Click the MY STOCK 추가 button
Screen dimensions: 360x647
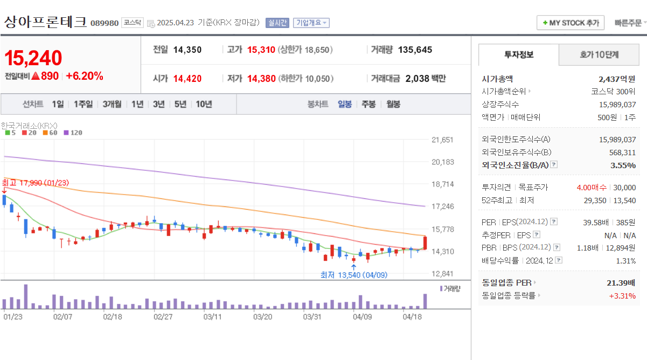(x=571, y=23)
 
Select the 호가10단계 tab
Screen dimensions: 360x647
(x=599, y=54)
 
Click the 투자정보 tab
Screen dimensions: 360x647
(x=519, y=54)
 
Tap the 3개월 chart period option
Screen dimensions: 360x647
(x=112, y=104)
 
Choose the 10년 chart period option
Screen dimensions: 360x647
(x=204, y=104)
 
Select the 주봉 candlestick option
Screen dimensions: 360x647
(x=368, y=104)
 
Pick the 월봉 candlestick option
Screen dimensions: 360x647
(x=393, y=104)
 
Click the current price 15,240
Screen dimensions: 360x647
(x=33, y=58)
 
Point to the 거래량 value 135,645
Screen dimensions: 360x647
(x=415, y=50)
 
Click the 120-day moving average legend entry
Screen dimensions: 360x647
(x=73, y=132)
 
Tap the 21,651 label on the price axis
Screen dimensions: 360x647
(x=443, y=140)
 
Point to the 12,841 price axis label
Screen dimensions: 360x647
(x=443, y=273)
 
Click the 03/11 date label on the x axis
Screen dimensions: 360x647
(x=213, y=316)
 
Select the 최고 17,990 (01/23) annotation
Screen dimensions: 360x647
(x=36, y=183)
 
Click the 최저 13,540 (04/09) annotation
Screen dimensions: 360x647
(x=353, y=275)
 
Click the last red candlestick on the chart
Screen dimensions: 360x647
(x=426, y=243)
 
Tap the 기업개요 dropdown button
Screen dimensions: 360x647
(x=311, y=23)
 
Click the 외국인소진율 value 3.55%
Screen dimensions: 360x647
(x=623, y=165)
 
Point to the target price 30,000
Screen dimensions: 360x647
(x=624, y=188)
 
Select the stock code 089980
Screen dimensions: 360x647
(x=105, y=23)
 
